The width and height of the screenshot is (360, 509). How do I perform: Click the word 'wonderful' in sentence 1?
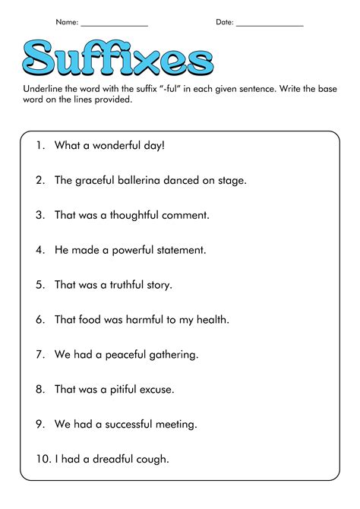[x=115, y=146]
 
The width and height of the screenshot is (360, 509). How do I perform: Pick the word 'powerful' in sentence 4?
[x=118, y=249]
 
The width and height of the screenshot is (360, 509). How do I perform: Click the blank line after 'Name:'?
[x=114, y=25]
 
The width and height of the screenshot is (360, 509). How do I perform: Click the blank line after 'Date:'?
[x=270, y=25]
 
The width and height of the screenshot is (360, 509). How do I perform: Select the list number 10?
[x=41, y=459]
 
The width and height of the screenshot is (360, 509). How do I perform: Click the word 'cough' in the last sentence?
[x=150, y=459]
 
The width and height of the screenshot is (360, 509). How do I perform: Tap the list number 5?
[x=39, y=285]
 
